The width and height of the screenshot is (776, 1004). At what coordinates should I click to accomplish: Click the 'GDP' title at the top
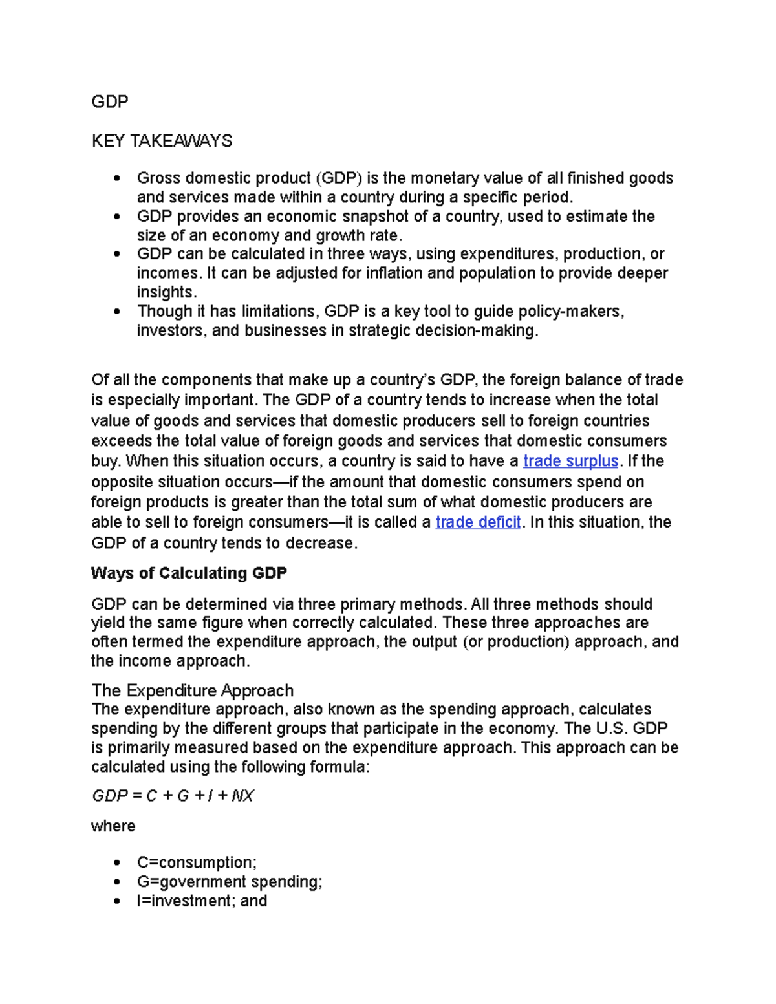click(110, 102)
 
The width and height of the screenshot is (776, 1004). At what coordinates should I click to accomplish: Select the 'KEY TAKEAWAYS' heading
click(162, 141)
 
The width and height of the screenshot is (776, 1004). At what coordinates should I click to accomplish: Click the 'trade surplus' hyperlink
click(570, 462)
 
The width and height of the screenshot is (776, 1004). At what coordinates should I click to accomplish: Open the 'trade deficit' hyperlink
click(478, 522)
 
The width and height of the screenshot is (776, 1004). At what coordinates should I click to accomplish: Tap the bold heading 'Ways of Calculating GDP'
click(189, 573)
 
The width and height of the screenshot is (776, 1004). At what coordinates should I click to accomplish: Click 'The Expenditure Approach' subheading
click(192, 690)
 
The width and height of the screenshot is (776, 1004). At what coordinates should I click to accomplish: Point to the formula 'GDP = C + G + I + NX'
click(173, 796)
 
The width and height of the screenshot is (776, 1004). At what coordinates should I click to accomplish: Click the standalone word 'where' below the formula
click(113, 826)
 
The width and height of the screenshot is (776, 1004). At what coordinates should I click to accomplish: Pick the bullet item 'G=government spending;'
click(229, 882)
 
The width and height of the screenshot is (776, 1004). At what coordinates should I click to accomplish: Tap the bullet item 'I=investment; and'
click(202, 901)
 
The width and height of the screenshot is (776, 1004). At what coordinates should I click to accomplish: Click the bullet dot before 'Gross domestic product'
click(116, 178)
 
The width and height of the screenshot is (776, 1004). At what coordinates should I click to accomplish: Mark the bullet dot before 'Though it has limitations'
click(116, 312)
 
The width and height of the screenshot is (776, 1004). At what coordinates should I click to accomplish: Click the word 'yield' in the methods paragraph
click(107, 623)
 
